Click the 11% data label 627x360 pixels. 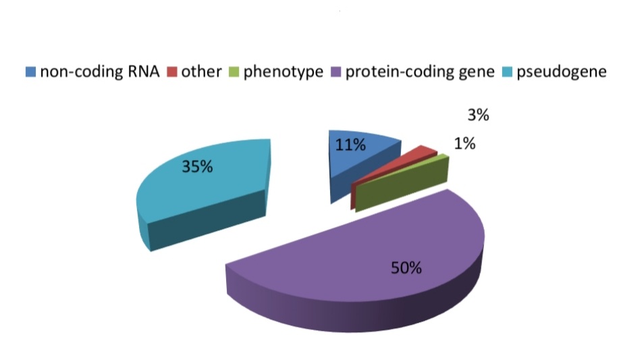pyautogui.click(x=350, y=145)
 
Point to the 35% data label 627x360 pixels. pyautogui.click(x=197, y=166)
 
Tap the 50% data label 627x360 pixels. pyautogui.click(x=406, y=268)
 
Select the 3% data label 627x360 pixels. pyautogui.click(x=479, y=115)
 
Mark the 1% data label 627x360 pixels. pyautogui.click(x=464, y=143)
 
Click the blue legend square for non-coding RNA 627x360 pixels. pyautogui.click(x=31, y=72)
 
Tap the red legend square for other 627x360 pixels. pyautogui.click(x=172, y=72)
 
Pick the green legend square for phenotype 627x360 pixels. pyautogui.click(x=234, y=72)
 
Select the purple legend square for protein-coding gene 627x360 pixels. pyautogui.click(x=336, y=72)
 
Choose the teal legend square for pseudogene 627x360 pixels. pyautogui.click(x=507, y=72)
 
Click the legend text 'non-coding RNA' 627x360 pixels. pyautogui.click(x=100, y=72)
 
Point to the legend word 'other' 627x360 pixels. pyautogui.click(x=202, y=72)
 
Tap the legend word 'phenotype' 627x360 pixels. pyautogui.click(x=283, y=72)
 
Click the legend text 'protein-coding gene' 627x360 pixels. pyautogui.click(x=420, y=72)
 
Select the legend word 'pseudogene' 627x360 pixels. pyautogui.click(x=562, y=72)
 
